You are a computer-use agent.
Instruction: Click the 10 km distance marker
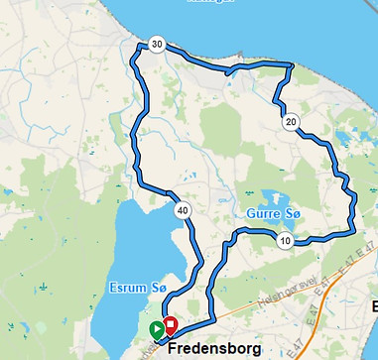click(x=285, y=242)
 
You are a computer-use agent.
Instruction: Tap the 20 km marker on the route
click(x=290, y=122)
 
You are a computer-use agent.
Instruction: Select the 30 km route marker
click(x=157, y=45)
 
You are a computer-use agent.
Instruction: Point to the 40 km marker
click(x=183, y=210)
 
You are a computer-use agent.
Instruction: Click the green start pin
click(x=156, y=329)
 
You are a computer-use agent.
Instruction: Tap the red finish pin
click(x=170, y=325)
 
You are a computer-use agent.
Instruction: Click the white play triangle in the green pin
click(x=156, y=328)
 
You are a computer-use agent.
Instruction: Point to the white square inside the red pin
click(x=170, y=323)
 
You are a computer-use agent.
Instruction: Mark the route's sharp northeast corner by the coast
click(x=293, y=65)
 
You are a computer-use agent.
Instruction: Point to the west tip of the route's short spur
click(x=227, y=72)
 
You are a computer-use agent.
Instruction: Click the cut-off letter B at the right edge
click(x=374, y=305)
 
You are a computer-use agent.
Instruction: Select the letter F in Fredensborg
click(x=173, y=349)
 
